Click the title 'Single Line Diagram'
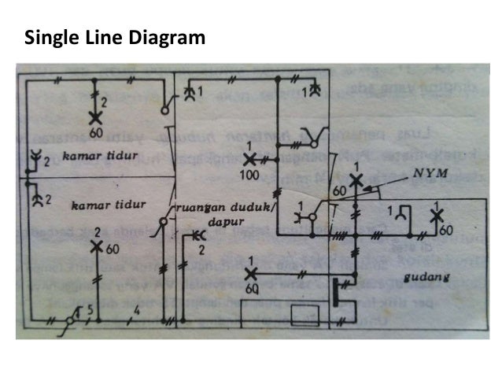coord(115,37)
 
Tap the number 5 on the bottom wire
coord(90,309)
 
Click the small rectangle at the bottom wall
coord(304,316)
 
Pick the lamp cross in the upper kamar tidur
coord(95,117)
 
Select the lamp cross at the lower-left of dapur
coord(251,274)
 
